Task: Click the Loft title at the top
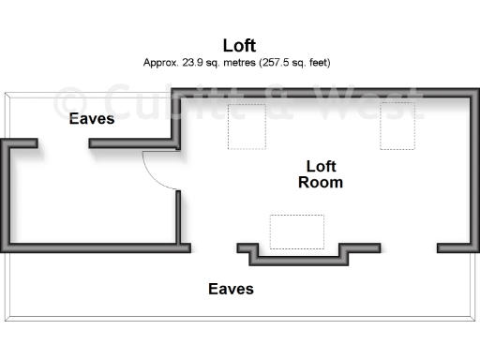[240, 44]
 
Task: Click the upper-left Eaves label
[92, 119]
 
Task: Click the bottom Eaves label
[231, 289]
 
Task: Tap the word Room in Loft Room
[321, 183]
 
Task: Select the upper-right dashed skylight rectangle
[397, 127]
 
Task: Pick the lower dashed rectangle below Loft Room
[296, 231]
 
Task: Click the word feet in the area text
[315, 63]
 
